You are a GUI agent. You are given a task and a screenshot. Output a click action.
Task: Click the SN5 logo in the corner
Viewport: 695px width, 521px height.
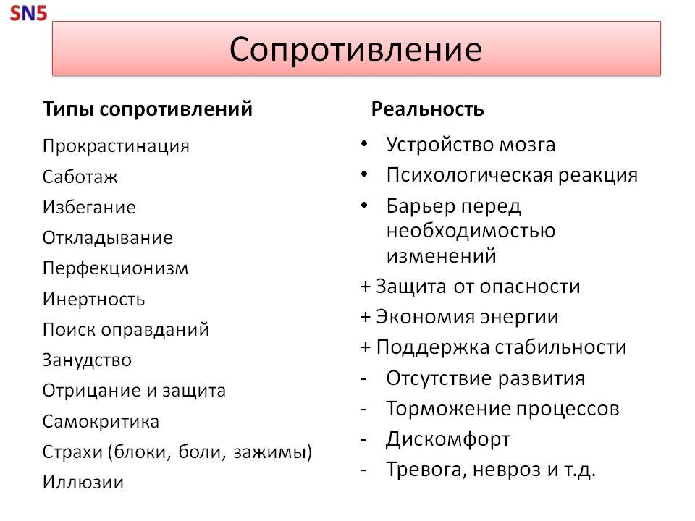coord(28,13)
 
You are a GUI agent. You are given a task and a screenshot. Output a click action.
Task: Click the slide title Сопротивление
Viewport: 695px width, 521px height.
coord(355,49)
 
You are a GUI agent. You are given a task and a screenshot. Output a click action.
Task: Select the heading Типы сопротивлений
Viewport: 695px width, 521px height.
coord(148,109)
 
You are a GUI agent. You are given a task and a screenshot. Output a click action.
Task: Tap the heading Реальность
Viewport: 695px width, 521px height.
coord(427,109)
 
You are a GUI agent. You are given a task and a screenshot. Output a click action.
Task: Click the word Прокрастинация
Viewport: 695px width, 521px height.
coord(116,145)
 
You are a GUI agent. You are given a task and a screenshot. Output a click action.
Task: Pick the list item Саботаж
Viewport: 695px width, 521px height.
coord(80,177)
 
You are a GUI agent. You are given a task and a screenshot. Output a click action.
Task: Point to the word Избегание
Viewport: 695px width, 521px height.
coord(89,207)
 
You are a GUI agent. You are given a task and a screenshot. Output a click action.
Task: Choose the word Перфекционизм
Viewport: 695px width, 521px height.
coord(115,268)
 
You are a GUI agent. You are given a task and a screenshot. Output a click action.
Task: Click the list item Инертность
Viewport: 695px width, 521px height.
coord(93,299)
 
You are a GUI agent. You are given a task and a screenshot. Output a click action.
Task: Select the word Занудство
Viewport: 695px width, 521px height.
coord(87,360)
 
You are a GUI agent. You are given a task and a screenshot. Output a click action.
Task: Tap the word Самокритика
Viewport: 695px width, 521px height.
coord(101,421)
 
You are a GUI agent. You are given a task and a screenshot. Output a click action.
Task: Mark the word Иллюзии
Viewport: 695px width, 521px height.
coord(83,482)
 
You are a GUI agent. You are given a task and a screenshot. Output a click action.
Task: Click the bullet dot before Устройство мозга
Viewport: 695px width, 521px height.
coord(364,145)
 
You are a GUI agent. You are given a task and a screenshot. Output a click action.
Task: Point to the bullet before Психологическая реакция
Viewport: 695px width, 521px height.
coord(364,175)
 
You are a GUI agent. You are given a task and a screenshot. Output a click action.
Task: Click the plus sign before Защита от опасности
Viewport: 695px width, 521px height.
coord(366,287)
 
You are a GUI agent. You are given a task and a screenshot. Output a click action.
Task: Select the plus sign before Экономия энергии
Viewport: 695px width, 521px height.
coord(366,317)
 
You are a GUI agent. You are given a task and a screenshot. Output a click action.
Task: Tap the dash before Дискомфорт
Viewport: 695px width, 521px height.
coord(364,439)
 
